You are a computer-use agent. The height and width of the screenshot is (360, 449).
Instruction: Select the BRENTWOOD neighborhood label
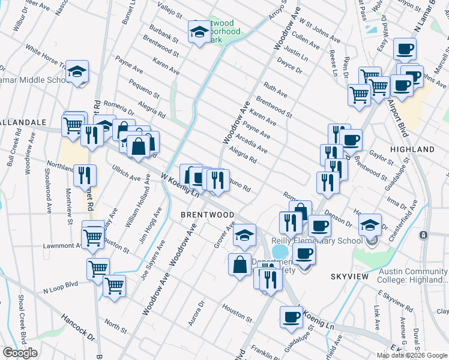(x=208, y=214)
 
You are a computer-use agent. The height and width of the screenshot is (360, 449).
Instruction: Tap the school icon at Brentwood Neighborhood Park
(x=199, y=32)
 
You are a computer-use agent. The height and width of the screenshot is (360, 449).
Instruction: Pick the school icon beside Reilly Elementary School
(x=369, y=225)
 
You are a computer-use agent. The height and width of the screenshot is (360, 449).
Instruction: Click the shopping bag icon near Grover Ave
(x=240, y=264)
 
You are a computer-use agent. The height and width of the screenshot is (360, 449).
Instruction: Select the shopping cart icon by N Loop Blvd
(x=113, y=286)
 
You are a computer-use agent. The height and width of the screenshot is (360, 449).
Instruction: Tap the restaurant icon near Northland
(x=85, y=175)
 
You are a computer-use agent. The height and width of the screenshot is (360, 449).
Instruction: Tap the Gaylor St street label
(x=381, y=157)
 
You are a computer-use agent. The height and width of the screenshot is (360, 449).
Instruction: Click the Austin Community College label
(x=413, y=275)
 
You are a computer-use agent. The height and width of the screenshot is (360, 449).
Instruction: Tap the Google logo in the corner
(x=20, y=353)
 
